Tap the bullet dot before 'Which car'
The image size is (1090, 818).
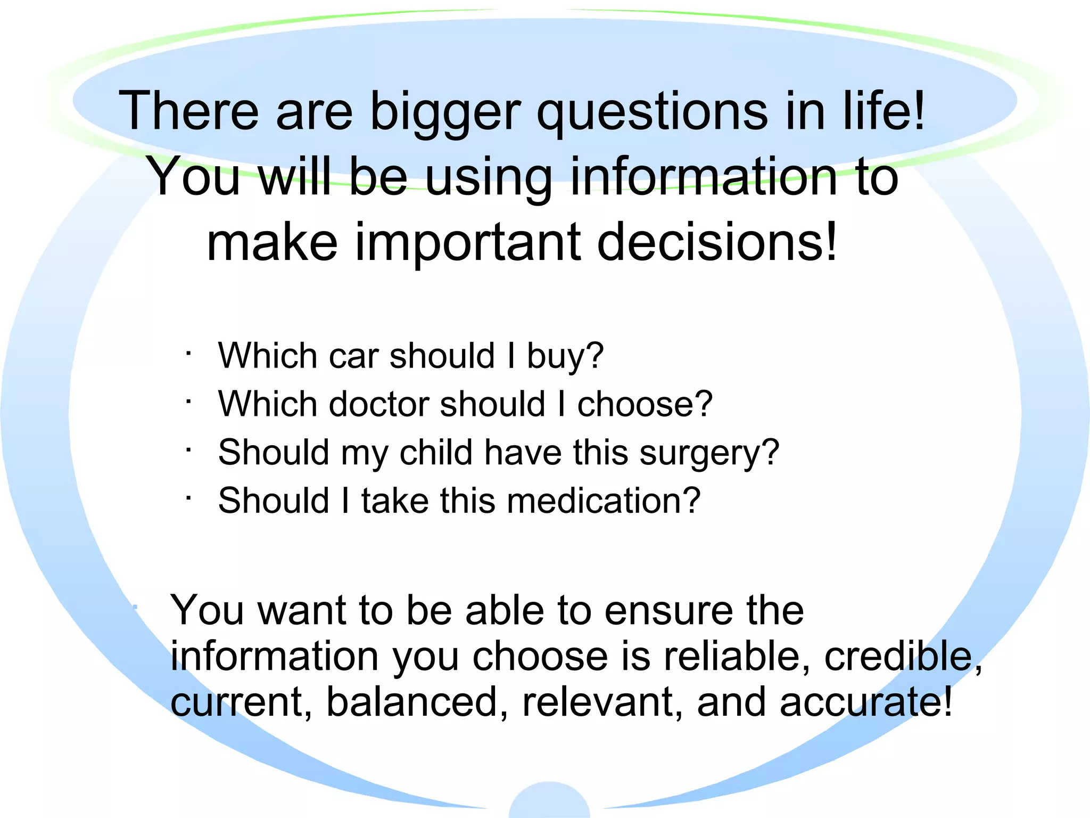[188, 352]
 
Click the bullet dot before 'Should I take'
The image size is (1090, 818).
[188, 498]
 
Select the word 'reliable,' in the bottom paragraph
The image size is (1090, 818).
[737, 656]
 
